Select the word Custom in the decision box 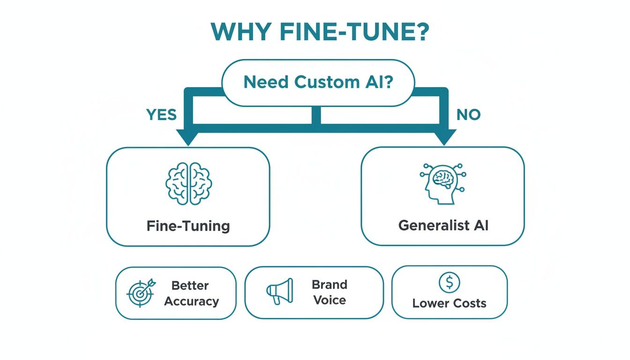click(x=327, y=82)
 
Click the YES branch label click(x=161, y=114)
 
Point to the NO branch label click(x=468, y=114)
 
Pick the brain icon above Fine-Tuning click(x=188, y=183)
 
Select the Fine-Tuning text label click(x=188, y=226)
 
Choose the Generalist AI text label click(x=443, y=225)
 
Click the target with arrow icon click(x=140, y=293)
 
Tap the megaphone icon click(x=280, y=292)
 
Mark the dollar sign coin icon click(x=449, y=283)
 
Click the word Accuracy click(x=191, y=301)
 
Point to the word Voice click(x=330, y=300)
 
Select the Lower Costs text click(x=449, y=303)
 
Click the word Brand click(x=330, y=285)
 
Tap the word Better click(x=190, y=285)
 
